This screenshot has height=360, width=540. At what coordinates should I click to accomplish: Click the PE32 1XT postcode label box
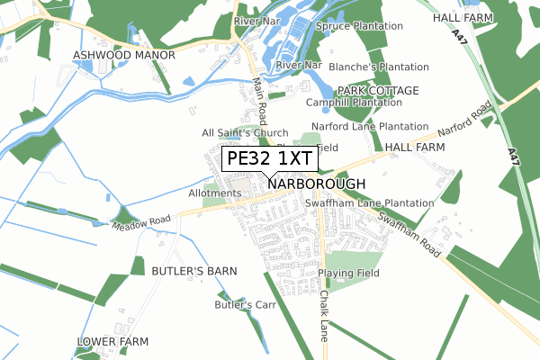[x=269, y=159]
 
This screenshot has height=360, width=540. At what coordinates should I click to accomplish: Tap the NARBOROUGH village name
[x=317, y=184]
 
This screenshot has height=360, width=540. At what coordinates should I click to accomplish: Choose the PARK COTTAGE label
[x=378, y=91]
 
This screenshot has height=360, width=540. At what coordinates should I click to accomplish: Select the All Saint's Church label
[x=246, y=133]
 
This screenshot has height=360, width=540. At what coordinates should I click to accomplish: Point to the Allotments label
[x=215, y=193]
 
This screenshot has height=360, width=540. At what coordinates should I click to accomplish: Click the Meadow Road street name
[x=140, y=220]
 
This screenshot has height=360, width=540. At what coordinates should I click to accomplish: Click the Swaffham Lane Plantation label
[x=382, y=203]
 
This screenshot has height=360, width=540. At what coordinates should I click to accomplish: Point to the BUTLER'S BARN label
[x=193, y=270]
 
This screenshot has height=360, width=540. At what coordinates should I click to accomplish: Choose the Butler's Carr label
[x=243, y=305]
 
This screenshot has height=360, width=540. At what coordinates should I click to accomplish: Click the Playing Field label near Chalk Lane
[x=350, y=273]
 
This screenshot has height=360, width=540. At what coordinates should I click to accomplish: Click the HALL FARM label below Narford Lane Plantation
[x=415, y=147]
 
